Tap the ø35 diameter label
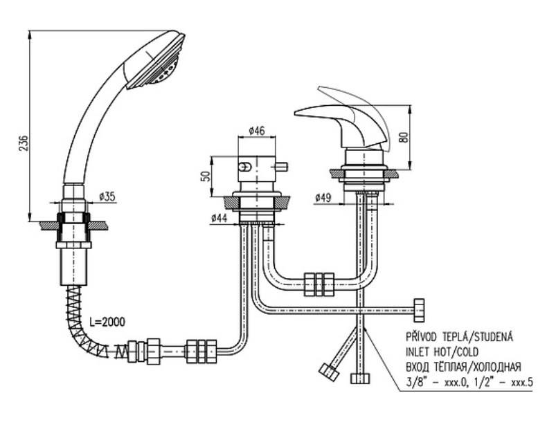point(107,197)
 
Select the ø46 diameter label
point(257,131)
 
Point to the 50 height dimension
point(207,176)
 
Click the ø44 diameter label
point(219,218)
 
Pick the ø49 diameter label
point(323,198)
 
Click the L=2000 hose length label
point(107,322)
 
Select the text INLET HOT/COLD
point(442,352)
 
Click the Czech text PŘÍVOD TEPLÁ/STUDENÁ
point(460,337)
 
